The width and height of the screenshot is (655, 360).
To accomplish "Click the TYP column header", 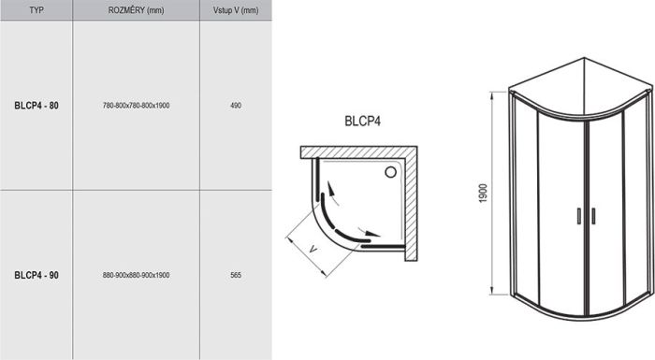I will tap(36, 10).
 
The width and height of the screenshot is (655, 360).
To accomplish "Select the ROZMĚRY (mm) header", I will tap(135, 10).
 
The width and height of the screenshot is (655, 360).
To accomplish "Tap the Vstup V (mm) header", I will tap(235, 10).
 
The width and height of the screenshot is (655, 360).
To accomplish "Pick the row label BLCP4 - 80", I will tap(36, 106).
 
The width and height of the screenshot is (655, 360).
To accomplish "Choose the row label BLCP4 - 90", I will tap(36, 275).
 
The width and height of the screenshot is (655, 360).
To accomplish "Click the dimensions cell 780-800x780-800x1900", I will tap(136, 106).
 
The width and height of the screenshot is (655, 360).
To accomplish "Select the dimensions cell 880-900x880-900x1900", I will tap(136, 275).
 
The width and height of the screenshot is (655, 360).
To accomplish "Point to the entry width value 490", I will tap(235, 106).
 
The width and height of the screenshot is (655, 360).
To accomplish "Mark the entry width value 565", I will tap(235, 275).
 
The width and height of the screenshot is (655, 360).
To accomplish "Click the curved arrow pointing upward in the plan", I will tap(328, 192).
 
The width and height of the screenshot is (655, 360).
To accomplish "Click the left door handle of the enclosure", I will tap(579, 214).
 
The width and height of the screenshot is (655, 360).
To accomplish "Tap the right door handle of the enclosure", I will tap(591, 214).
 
